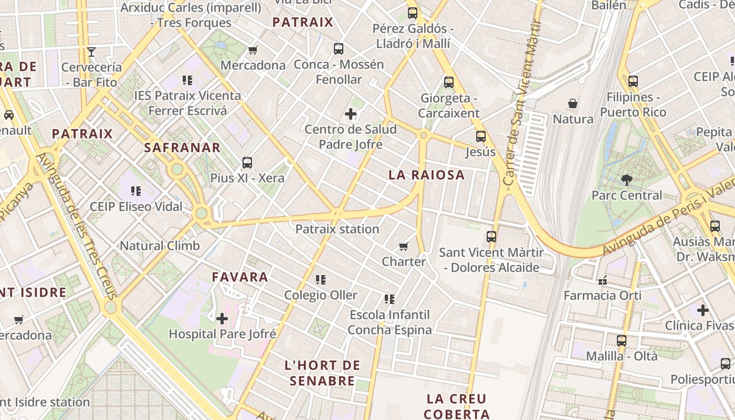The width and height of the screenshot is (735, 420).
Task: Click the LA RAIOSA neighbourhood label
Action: pos(427,175)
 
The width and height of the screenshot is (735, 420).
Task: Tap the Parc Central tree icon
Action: pos(626,180)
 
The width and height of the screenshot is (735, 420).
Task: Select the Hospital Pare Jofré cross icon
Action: pos(222,318)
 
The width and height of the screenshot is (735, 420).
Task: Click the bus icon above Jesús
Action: pos(481,136)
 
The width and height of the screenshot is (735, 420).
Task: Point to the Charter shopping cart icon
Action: pos(403,246)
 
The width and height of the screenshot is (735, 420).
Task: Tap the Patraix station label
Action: pos(337,229)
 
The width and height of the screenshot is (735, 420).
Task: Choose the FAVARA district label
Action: pos(240,277)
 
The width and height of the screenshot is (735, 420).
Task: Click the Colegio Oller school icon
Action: pos(321,280)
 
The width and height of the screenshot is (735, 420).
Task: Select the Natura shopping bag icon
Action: pos(573,103)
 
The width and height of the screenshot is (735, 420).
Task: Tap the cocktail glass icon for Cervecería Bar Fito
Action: pos(91,51)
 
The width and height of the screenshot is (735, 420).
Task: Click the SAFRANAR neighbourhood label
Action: pos(182,148)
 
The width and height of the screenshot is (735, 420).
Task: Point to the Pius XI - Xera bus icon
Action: pos(247,163)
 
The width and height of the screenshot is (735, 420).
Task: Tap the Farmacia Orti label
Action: pos(602,296)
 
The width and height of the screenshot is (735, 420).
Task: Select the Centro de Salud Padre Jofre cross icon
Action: pos(351,114)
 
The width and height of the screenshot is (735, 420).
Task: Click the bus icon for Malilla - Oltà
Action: pos(622,340)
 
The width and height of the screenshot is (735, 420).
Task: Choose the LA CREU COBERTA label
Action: pos(456,406)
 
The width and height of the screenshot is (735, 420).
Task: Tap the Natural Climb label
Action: pos(160,246)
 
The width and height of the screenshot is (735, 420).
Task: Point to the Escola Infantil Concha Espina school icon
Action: pos(390,299)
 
